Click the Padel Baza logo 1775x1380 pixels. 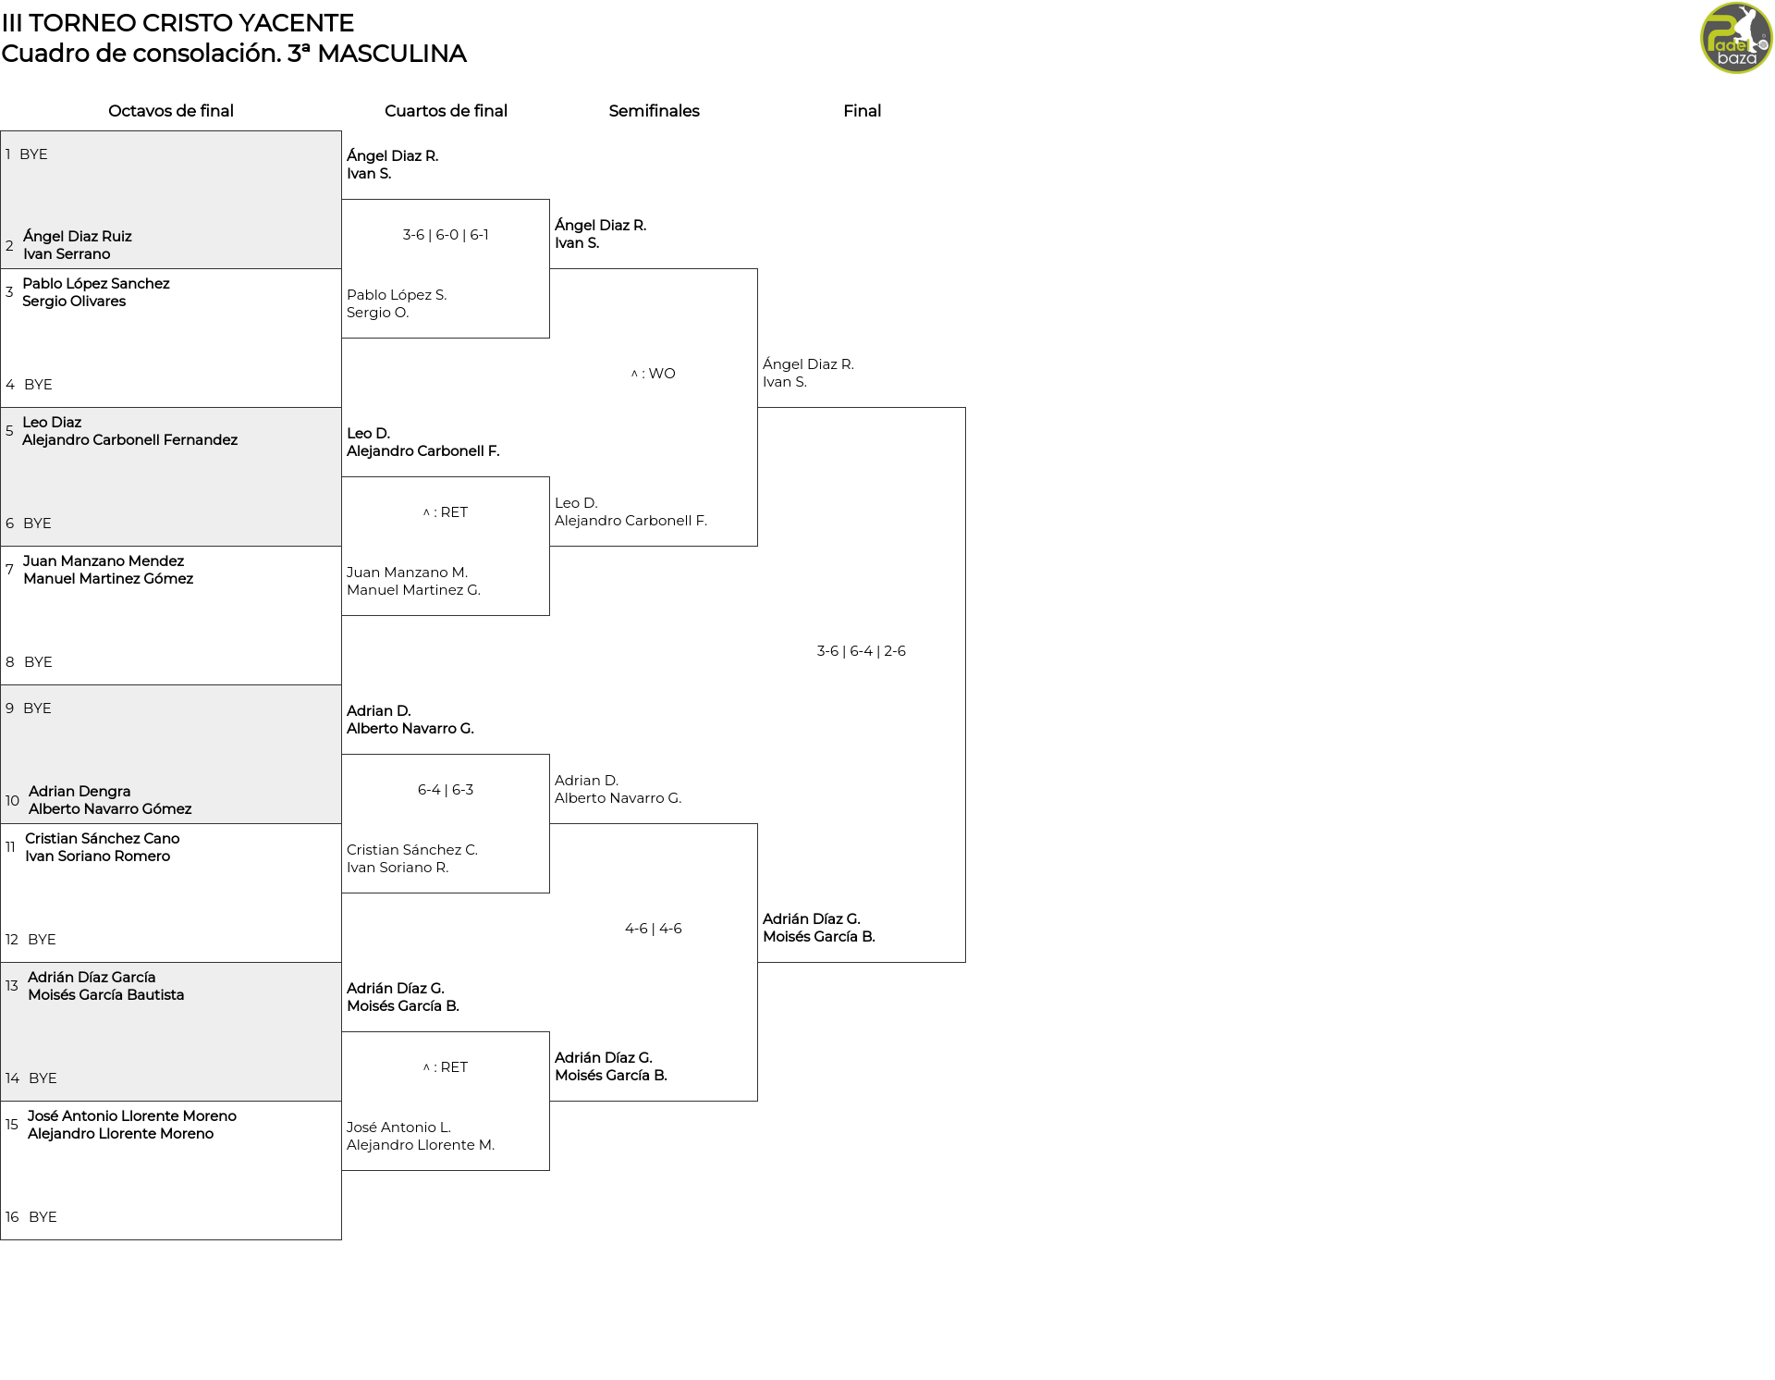[1736, 38]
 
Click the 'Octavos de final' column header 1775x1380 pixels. [171, 111]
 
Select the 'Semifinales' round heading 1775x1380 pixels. [654, 111]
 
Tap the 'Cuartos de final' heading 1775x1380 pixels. [446, 111]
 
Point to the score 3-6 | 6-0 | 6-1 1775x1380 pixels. [446, 235]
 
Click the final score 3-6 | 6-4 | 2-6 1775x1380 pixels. [862, 651]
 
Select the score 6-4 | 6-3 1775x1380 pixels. [446, 790]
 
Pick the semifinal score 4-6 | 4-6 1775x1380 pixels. [654, 929]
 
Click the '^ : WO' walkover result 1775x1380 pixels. [654, 374]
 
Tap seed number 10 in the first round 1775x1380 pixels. [12, 801]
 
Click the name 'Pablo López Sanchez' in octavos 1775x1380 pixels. [96, 284]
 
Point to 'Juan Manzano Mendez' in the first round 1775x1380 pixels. [104, 561]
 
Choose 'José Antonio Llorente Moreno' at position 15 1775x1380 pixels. [132, 1116]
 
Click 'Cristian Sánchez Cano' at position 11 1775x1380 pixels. [103, 839]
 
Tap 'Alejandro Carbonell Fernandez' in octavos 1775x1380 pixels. [130, 440]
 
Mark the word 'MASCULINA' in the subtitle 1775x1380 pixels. [392, 54]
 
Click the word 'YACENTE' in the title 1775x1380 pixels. [301, 23]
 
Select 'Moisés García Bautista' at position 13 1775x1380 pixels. [106, 995]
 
